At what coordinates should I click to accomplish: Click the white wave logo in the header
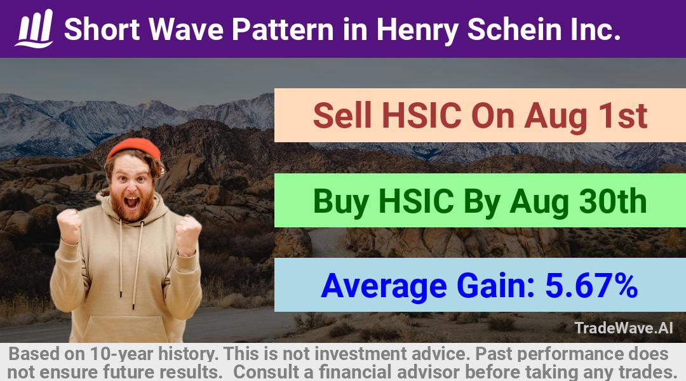[35, 29]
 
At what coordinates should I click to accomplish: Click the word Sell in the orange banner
[342, 116]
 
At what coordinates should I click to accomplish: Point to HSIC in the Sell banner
[422, 116]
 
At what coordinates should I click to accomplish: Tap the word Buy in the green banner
[341, 202]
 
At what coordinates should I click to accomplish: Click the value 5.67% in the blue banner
[591, 286]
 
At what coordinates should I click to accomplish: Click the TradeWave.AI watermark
[624, 328]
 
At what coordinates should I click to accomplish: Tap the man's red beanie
[134, 148]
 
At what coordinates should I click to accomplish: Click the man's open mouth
[131, 203]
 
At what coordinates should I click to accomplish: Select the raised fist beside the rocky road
[189, 234]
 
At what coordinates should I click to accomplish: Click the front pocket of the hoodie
[127, 328]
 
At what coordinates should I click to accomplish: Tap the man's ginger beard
[131, 206]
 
